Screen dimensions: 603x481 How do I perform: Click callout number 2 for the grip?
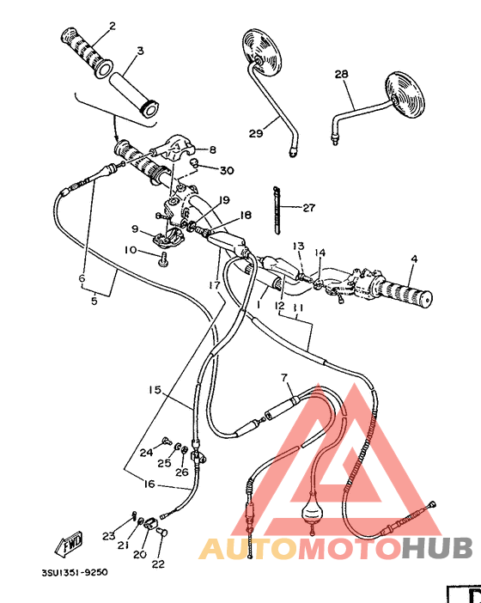click(x=112, y=26)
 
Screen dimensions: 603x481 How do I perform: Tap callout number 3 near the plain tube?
click(x=139, y=51)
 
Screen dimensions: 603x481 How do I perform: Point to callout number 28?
click(x=341, y=76)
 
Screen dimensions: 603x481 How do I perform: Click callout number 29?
click(x=256, y=132)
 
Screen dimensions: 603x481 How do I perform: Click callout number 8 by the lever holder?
click(x=212, y=149)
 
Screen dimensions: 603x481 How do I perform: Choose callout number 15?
click(x=154, y=389)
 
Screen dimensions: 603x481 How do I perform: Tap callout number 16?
click(x=149, y=484)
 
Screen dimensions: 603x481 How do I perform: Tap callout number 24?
click(x=146, y=452)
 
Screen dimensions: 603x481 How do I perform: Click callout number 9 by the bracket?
click(x=135, y=229)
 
